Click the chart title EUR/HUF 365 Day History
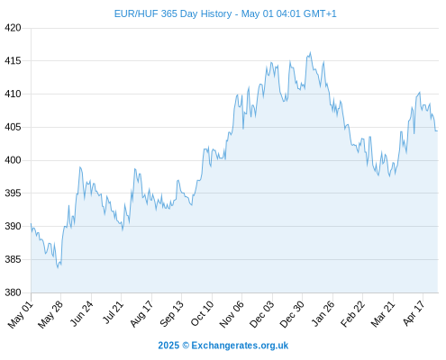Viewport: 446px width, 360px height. click(173, 13)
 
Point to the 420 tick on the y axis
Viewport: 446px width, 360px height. click(13, 28)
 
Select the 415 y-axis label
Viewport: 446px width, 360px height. click(13, 61)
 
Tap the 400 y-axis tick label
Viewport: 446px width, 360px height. click(13, 160)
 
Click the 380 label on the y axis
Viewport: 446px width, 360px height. click(13, 292)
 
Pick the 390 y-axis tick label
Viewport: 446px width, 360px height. click(13, 226)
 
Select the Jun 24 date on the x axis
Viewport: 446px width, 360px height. click(81, 313)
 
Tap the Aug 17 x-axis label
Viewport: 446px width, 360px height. click(141, 313)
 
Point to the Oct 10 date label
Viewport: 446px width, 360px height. click(202, 313)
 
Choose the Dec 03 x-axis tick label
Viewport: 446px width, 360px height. click(262, 314)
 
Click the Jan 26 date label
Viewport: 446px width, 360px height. click(323, 313)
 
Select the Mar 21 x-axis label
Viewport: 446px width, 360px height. click(383, 314)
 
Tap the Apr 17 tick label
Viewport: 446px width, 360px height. click(414, 313)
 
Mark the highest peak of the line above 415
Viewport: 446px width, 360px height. click(310, 52)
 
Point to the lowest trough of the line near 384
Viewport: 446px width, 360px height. click(58, 267)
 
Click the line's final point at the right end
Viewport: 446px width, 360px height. click(437, 130)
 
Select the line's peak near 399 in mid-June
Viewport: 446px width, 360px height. click(80, 167)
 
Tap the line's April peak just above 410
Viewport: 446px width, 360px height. click(420, 93)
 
